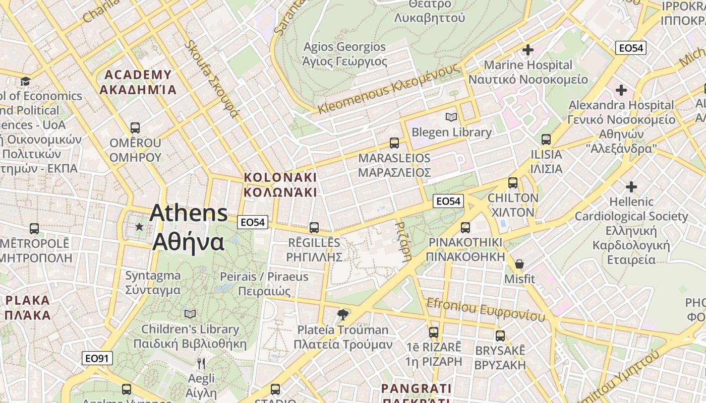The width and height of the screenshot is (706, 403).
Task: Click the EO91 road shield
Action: pos(97,358)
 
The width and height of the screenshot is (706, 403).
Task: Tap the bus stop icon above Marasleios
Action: pos(394,143)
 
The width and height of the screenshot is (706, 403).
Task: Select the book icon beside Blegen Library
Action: pos(451,117)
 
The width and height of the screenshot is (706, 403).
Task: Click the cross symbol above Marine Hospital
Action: pos(528,50)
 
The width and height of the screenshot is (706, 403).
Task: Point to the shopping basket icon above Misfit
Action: pos(519,264)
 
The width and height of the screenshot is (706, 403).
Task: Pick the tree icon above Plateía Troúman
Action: pos(343,315)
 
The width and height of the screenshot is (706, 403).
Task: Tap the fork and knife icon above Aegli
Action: pos(201,363)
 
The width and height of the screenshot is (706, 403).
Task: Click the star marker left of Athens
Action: pos(139,227)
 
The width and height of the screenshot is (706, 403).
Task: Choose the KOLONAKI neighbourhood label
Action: pos(280,184)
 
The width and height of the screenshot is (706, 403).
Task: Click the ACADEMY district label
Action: pos(138,82)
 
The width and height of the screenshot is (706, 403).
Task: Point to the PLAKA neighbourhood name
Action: pos(28,308)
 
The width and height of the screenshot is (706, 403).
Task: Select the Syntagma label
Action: pos(153,283)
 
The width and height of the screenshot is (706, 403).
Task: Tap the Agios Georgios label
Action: pos(344,54)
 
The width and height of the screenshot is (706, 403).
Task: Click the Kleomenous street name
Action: pos(389,89)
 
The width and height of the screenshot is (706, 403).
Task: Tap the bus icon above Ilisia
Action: pos(546,140)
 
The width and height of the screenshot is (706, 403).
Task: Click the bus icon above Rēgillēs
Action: pos(314,228)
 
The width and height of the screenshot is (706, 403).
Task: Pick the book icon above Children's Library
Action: pos(190,314)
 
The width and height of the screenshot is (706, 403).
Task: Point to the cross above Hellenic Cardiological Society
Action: pos(631,187)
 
